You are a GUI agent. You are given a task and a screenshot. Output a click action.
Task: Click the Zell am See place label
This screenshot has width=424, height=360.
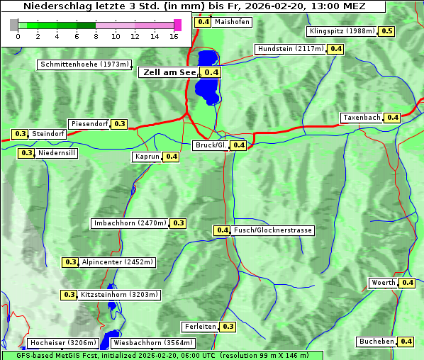click(169, 72)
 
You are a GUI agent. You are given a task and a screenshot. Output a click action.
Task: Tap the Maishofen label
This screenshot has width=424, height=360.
click(232, 22)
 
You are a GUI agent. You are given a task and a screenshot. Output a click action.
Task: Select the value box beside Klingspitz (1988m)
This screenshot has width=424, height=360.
click(387, 31)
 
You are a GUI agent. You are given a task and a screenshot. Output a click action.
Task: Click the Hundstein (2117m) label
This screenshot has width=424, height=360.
click(291, 49)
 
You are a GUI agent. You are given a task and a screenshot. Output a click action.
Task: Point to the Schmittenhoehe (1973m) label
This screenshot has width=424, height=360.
click(84, 64)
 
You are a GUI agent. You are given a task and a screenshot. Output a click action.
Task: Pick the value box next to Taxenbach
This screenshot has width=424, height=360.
click(393, 117)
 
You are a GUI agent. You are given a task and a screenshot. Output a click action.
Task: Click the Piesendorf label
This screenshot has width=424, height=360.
click(89, 124)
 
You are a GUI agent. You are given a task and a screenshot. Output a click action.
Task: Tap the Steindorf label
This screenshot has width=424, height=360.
click(49, 134)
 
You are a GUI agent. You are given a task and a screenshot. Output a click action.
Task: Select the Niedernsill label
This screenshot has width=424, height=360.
click(57, 152)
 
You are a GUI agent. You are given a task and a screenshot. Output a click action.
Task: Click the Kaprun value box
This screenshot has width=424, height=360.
click(171, 157)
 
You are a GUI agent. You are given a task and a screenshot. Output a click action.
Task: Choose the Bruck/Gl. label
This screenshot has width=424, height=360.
click(211, 145)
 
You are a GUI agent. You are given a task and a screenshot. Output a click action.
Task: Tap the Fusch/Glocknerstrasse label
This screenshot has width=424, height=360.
click(273, 230)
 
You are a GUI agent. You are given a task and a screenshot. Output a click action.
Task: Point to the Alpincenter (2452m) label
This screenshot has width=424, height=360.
click(117, 262)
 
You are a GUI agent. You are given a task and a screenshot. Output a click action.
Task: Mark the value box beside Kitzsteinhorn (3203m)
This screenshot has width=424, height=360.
click(69, 295)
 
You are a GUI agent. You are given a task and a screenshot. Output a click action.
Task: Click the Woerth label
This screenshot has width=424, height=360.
click(384, 283)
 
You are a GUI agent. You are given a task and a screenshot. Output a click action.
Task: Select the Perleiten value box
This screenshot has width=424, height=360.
click(228, 327)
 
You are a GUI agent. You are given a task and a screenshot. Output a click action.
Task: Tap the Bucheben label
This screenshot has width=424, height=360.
click(376, 342)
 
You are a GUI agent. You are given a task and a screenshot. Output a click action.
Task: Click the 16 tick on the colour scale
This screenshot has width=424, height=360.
click(173, 35)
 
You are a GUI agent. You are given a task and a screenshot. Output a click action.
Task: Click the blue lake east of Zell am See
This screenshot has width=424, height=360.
click(206, 78)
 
